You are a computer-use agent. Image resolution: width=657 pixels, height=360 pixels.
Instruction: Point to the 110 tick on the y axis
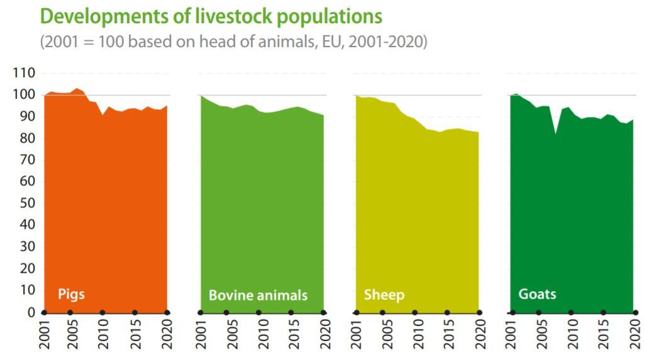[23, 73]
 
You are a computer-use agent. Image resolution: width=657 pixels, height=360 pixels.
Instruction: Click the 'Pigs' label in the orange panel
[71, 293]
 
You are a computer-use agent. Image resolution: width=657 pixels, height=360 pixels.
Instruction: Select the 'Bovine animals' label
[258, 295]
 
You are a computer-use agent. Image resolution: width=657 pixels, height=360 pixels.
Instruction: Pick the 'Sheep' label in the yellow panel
[384, 295]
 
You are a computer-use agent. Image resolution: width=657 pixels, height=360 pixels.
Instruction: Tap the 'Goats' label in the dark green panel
[537, 293]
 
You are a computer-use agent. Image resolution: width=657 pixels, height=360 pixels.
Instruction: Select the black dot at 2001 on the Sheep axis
[356, 312]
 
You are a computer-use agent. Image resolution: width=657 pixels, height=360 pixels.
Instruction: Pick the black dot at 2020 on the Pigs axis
[167, 312]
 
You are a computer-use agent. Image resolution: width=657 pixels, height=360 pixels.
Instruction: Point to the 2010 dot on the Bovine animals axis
[258, 312]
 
